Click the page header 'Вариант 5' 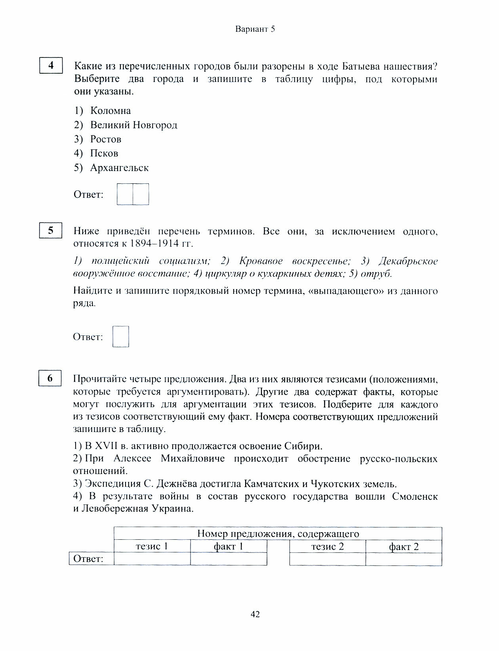(x=255, y=29)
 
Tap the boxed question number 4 (x=51, y=65)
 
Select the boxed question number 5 (x=51, y=230)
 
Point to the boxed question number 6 (x=50, y=378)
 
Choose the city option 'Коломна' (x=110, y=111)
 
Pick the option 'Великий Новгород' (x=133, y=125)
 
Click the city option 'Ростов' (x=106, y=139)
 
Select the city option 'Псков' (x=104, y=153)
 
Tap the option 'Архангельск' (x=119, y=168)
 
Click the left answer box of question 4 (x=125, y=194)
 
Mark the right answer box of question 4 (x=141, y=194)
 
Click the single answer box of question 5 (x=121, y=337)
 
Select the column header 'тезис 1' (x=152, y=546)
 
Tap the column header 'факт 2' (x=404, y=547)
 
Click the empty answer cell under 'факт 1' (x=229, y=559)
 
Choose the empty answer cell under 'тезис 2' (x=328, y=559)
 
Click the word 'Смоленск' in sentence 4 (x=415, y=497)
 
